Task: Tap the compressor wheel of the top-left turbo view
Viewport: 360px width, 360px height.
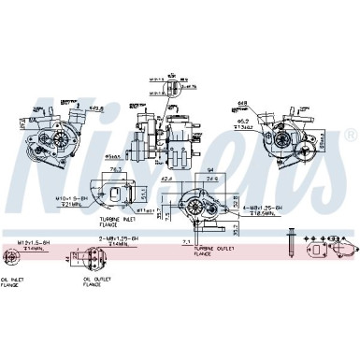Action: pos(58,138)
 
